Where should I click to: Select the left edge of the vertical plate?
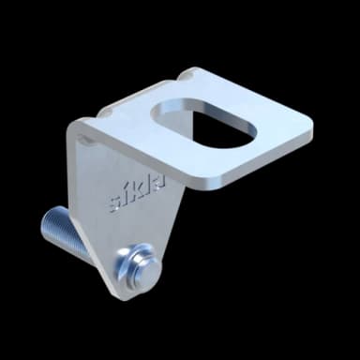[x=75, y=187]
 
